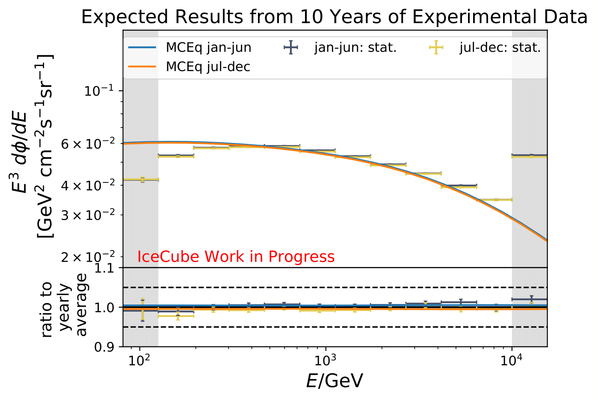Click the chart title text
coord(334,17)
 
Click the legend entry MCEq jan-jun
coord(208,48)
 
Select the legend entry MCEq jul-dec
coord(208,67)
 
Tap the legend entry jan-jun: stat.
coord(355,48)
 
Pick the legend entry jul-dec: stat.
coord(500,48)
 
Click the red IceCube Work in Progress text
coord(236,257)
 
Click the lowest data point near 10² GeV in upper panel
coord(142,179)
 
